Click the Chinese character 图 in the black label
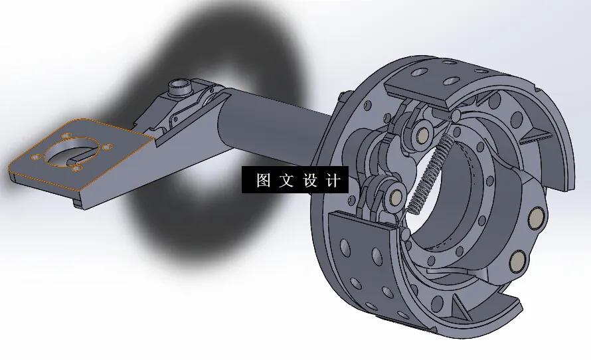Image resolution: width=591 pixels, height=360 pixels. (x=263, y=181)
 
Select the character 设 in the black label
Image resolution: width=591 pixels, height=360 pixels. (x=310, y=181)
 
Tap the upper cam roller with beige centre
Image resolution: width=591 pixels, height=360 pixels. (x=420, y=135)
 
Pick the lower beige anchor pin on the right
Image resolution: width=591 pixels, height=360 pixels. (x=517, y=260)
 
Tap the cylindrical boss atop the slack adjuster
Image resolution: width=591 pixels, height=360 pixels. (x=179, y=86)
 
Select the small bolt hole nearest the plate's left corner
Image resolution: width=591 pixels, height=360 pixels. (x=34, y=157)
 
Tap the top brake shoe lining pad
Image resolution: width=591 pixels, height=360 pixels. (x=438, y=75)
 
